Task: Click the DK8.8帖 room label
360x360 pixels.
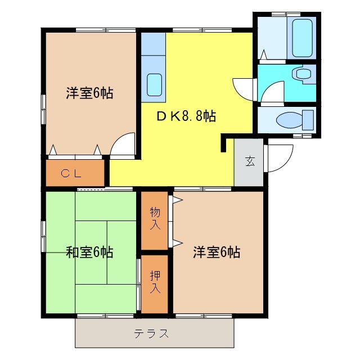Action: [186, 116]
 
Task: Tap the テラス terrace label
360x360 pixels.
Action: [151, 334]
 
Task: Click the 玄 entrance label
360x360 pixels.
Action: [249, 162]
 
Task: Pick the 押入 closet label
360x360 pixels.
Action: [155, 282]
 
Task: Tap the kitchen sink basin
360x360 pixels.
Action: [155, 85]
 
